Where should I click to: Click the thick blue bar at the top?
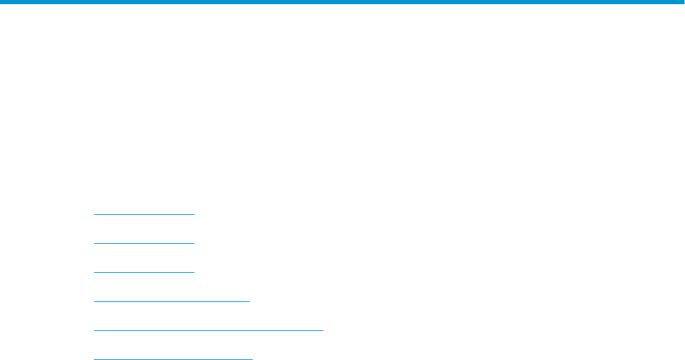pyautogui.click(x=342, y=2)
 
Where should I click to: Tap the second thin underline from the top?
pyautogui.click(x=144, y=243)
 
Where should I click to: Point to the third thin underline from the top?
pyautogui.click(x=144, y=272)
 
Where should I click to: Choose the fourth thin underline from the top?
pyautogui.click(x=171, y=301)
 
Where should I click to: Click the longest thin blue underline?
pyautogui.click(x=208, y=330)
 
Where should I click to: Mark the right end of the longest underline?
pyautogui.click(x=322, y=330)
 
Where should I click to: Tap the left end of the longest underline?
pyautogui.click(x=94, y=330)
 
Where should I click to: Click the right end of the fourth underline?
pyautogui.click(x=249, y=301)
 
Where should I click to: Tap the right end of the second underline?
pyautogui.click(x=195, y=243)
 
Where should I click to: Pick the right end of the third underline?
pyautogui.click(x=195, y=272)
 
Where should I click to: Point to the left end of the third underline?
pyautogui.click(x=94, y=272)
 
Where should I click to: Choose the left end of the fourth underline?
pyautogui.click(x=94, y=301)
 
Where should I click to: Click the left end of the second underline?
pyautogui.click(x=94, y=243)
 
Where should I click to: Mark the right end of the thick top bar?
pyautogui.click(x=682, y=2)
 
